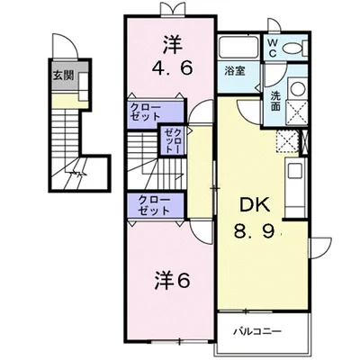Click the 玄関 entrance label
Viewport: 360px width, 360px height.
(64, 76)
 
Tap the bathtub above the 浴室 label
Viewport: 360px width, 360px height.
(238, 48)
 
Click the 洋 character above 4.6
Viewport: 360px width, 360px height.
(172, 40)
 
